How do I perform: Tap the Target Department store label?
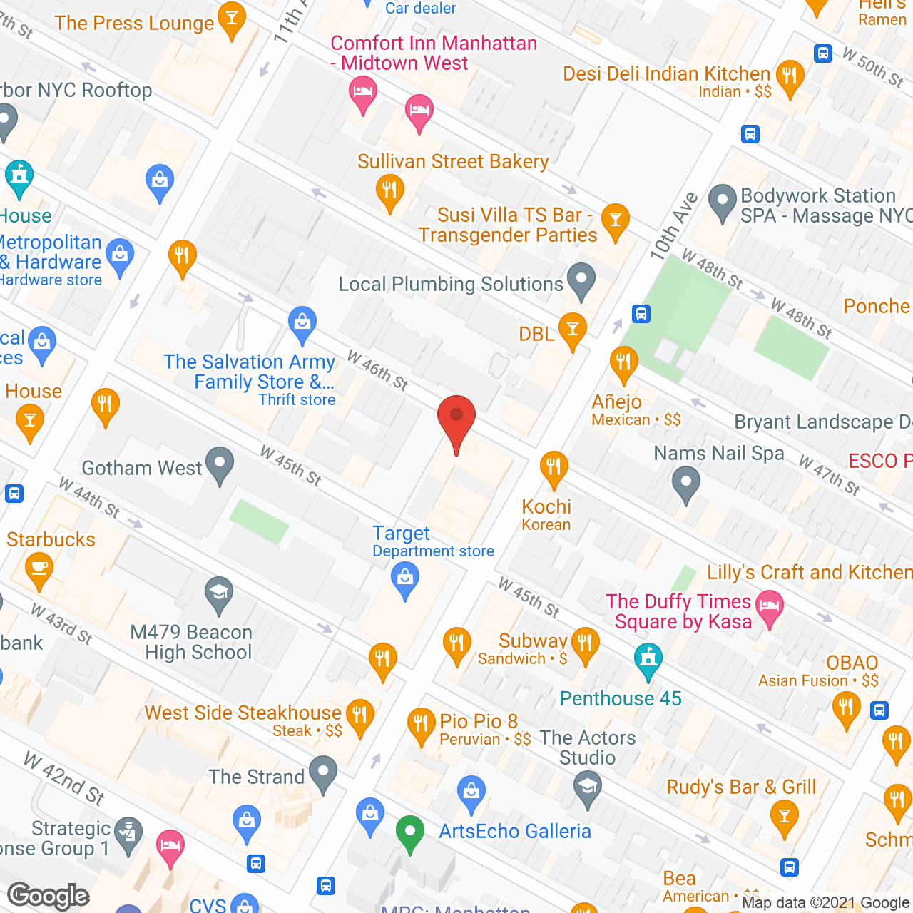(x=433, y=541)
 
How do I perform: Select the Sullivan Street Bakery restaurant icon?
(x=389, y=192)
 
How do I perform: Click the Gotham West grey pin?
(x=220, y=464)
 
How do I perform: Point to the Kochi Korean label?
(x=546, y=514)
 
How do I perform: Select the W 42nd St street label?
(x=64, y=778)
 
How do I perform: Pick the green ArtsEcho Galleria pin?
(x=410, y=833)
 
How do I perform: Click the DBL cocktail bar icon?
(x=572, y=330)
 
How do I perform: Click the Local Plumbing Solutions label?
(x=451, y=285)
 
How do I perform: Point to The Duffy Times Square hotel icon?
(x=769, y=608)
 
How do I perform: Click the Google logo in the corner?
(x=49, y=896)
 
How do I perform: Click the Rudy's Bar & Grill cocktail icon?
(x=785, y=814)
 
